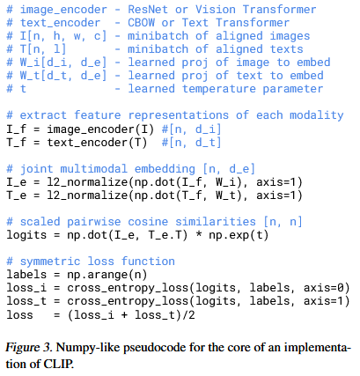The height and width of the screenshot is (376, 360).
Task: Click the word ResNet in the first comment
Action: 148,10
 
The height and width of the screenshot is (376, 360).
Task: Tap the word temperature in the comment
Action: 219,89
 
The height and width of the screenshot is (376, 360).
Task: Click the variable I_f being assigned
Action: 17,129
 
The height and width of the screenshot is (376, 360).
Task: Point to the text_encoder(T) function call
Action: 97,143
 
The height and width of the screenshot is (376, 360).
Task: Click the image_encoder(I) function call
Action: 100,129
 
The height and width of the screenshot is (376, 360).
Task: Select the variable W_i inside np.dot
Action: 225,182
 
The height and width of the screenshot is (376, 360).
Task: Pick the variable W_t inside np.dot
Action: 225,195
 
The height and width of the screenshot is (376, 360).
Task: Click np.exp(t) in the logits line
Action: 239,235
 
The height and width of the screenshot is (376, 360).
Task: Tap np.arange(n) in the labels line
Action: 107,275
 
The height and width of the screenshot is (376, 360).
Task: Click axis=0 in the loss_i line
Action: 323,288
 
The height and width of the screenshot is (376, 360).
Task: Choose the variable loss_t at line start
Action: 26,301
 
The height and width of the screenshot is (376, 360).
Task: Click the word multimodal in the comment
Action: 94,169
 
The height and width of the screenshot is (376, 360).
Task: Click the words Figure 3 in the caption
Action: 28,348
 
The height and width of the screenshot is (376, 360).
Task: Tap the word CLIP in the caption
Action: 58,365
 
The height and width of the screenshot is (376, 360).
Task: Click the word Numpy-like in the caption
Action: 87,349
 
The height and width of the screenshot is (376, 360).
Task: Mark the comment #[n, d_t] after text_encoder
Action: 191,143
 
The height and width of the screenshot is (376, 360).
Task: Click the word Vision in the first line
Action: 216,10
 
